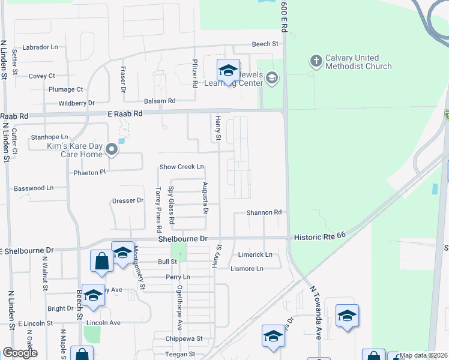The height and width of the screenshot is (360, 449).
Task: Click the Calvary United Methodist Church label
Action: click(x=358, y=62)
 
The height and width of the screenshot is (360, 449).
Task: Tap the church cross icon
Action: click(x=316, y=60)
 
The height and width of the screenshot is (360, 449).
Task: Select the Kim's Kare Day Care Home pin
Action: click(x=111, y=149)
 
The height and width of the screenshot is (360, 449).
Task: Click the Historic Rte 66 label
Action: click(x=319, y=238)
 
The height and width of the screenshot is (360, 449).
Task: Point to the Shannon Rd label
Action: click(x=264, y=212)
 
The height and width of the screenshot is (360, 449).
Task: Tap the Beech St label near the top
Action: click(x=265, y=44)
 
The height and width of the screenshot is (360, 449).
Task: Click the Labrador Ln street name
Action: click(x=40, y=47)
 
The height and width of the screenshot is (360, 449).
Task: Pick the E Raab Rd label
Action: click(x=125, y=113)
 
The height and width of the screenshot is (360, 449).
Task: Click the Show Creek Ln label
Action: click(x=181, y=167)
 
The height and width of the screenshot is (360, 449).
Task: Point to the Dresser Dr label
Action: click(x=128, y=200)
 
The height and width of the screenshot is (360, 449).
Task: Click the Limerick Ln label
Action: click(x=255, y=254)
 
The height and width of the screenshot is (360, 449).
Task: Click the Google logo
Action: click(x=20, y=353)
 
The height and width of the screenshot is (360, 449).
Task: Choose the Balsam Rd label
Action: click(x=159, y=101)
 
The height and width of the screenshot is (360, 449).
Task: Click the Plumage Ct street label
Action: click(x=65, y=89)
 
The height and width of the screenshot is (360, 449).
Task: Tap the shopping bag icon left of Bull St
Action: click(x=101, y=261)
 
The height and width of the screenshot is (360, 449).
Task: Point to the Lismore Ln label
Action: click(x=247, y=268)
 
